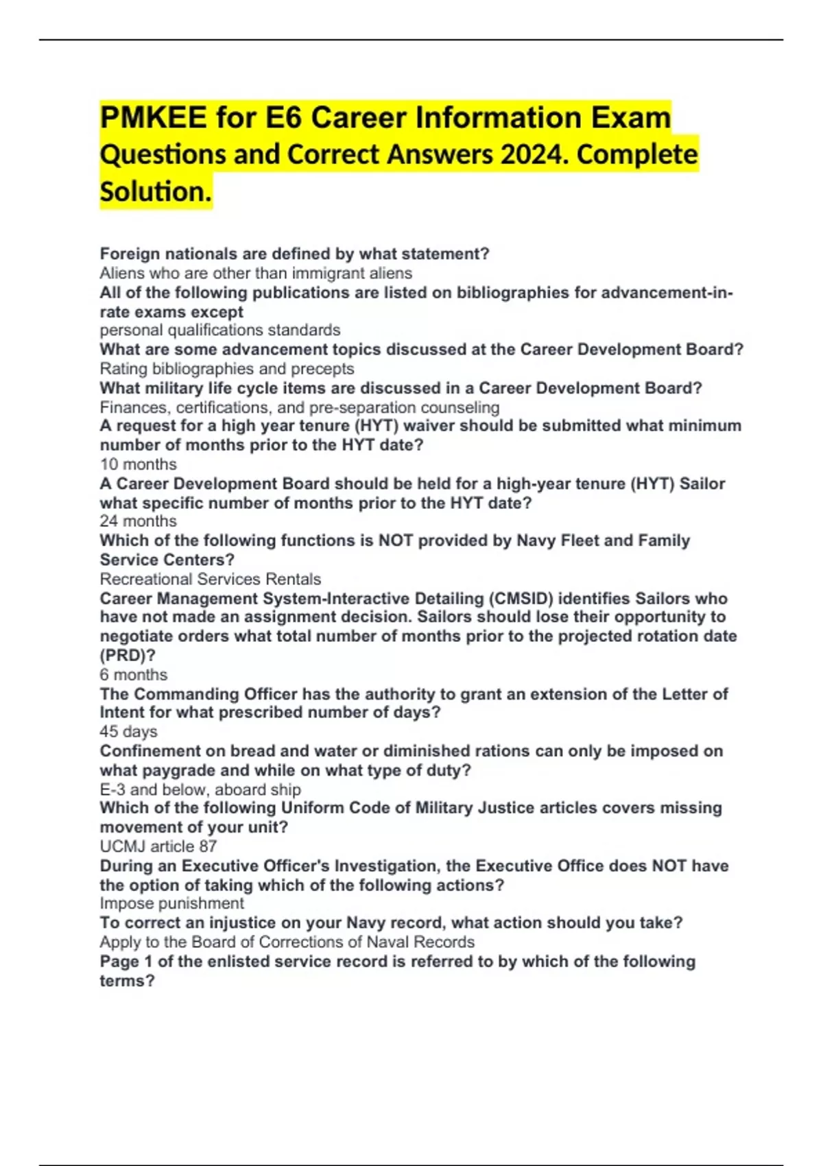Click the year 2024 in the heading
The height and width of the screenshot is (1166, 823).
[534, 154]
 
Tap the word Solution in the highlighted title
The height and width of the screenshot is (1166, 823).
[154, 191]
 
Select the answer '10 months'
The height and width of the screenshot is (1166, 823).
[138, 464]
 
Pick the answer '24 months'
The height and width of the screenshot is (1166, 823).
[138, 521]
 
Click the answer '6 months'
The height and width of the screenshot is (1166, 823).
[133, 675]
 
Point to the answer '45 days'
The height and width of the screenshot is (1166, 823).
[128, 732]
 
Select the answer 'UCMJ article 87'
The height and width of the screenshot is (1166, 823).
[158, 846]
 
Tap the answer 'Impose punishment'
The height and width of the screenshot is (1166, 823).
[171, 903]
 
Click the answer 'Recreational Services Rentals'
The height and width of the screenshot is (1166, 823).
[210, 579]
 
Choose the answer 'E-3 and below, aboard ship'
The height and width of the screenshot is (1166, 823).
[200, 789]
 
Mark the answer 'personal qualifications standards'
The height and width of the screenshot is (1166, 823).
[219, 330]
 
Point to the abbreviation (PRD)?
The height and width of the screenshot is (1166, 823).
[128, 655]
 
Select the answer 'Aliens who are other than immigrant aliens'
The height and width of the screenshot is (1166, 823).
[256, 273]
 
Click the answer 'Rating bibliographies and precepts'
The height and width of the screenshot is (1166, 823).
[226, 368]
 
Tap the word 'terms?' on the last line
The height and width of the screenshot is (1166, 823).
[127, 981]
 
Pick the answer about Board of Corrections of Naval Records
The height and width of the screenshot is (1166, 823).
[287, 942]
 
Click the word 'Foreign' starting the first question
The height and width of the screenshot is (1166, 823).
[130, 254]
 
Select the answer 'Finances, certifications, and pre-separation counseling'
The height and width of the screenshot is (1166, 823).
[299, 407]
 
